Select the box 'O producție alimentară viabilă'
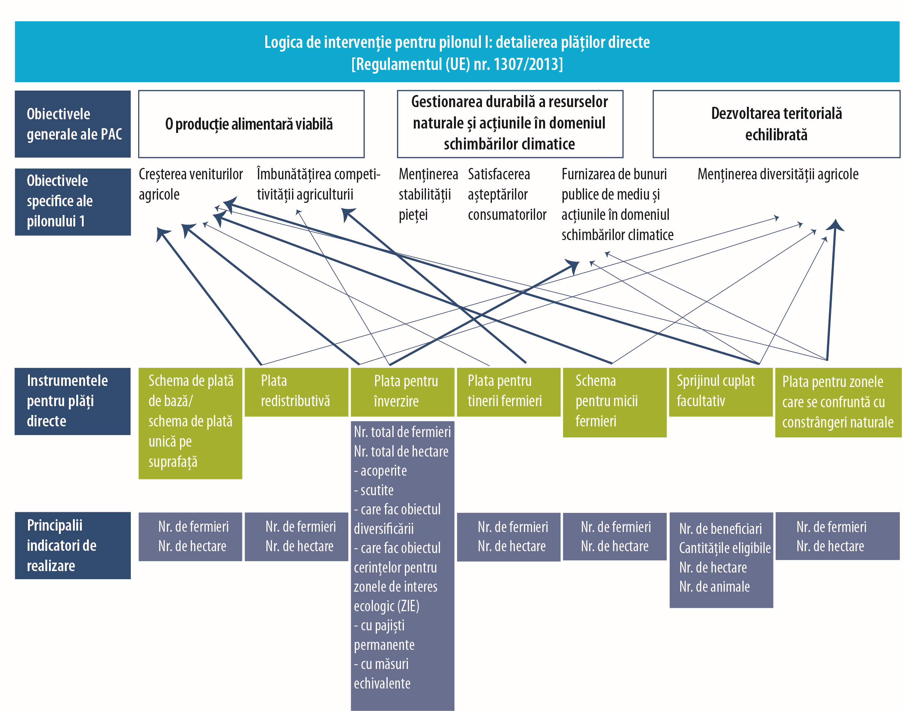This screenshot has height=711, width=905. tap(251, 124)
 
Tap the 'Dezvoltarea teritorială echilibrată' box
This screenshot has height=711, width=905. tap(776, 124)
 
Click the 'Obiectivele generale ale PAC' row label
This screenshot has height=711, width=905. tap(73, 124)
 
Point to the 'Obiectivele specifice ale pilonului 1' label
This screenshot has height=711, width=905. tap(73, 201)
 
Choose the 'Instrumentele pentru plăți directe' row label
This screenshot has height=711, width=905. tap(73, 401)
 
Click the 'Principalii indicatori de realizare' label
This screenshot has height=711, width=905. tap(73, 545)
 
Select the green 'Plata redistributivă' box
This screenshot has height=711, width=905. tap(296, 392)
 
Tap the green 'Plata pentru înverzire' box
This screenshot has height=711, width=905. tap(402, 392)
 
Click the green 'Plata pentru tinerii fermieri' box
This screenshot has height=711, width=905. tap(508, 392)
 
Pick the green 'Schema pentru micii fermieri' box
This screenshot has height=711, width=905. tap(614, 402)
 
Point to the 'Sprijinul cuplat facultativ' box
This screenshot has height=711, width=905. tap(720, 392)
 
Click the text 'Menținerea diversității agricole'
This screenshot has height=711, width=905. tap(778, 175)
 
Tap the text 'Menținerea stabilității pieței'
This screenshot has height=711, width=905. tap(428, 194)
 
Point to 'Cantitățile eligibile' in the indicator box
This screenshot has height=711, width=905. tap(725, 548)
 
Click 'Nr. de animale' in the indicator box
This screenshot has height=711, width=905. tap(714, 587)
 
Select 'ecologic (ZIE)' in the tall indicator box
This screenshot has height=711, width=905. tap(387, 606)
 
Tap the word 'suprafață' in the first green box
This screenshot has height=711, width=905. tap(173, 462)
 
